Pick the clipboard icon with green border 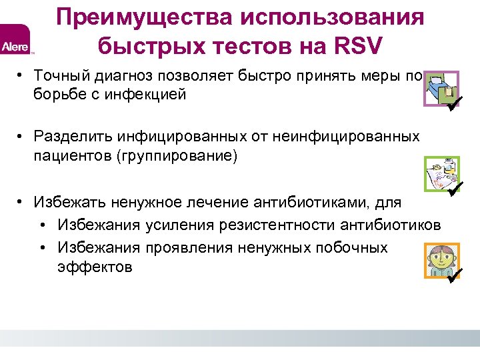point(440,173)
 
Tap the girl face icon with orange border point(440,260)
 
